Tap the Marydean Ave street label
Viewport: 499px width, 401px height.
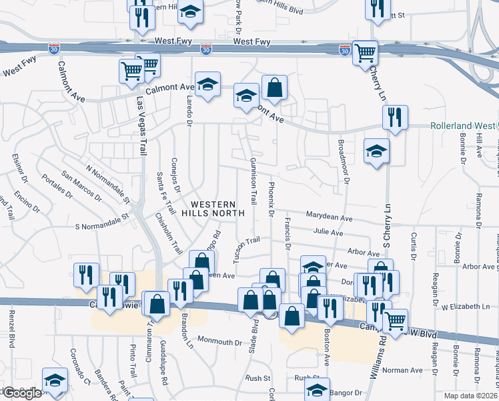pos(329,218)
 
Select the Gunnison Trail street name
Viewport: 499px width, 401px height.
pos(253,181)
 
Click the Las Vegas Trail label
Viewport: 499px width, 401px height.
pos(141,127)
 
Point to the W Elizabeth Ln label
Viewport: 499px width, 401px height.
pos(465,306)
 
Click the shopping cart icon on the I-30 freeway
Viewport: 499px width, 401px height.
pos(364,52)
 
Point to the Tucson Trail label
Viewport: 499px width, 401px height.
pos(245,250)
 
